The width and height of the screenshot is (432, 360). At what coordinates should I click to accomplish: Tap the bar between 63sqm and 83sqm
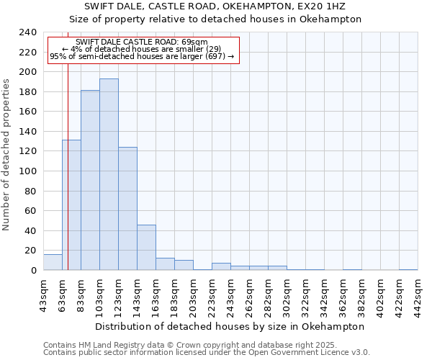point(71,205)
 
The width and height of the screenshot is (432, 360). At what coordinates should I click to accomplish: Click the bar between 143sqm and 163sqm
point(146,248)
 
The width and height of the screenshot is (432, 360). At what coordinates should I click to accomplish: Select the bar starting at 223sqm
point(221,266)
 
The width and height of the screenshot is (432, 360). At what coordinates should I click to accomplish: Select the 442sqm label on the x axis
point(418,294)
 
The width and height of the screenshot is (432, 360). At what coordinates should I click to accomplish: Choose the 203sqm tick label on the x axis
point(193,294)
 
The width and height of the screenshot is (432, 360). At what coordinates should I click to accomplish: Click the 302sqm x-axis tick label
point(287,294)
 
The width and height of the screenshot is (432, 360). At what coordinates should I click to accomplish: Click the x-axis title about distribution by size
point(230,326)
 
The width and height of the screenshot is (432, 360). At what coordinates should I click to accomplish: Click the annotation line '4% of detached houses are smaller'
point(141,49)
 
